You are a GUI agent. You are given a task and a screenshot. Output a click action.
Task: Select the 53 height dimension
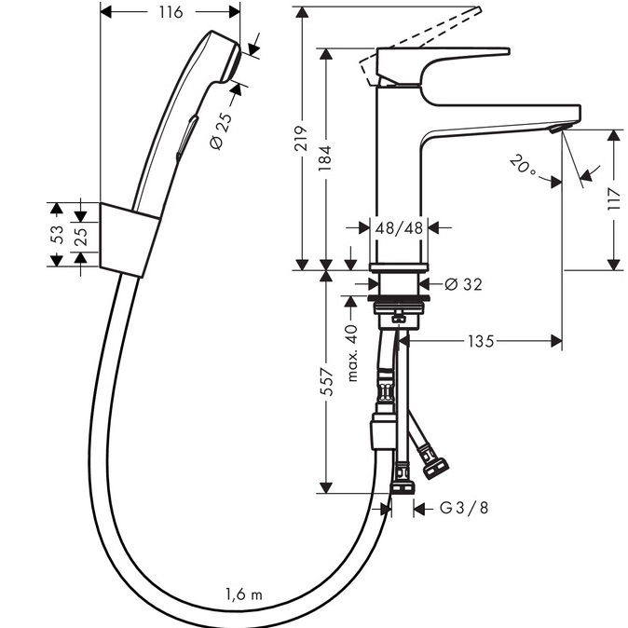coord(57,236)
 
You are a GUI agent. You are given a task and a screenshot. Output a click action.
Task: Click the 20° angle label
coord(524,167)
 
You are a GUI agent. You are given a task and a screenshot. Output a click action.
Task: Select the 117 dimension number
coord(614,199)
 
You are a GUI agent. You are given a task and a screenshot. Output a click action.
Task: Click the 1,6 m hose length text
coord(244,594)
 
